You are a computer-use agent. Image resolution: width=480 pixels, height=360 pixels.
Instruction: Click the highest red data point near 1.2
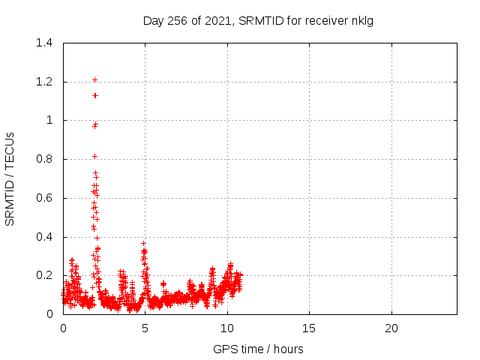coord(94,79)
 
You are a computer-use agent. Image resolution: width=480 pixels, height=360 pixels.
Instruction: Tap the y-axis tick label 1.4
coord(44,43)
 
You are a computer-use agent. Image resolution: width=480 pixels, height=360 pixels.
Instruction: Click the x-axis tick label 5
coord(145,328)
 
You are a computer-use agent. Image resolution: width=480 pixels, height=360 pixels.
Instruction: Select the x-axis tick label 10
coord(227,328)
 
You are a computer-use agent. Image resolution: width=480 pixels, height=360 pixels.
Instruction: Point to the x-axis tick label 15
coord(309,328)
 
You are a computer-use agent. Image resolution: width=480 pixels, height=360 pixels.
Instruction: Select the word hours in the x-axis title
coord(288,349)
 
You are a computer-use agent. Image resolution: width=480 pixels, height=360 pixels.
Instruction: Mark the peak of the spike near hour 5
coord(143,243)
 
